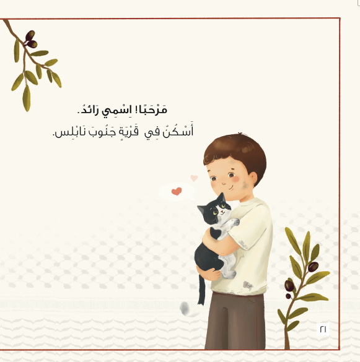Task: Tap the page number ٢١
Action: [x=323, y=329]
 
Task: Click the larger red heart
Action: [x=177, y=191]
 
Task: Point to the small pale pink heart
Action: [x=194, y=178]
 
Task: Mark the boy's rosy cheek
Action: [x=234, y=186]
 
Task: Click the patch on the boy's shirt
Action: [x=248, y=285]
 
